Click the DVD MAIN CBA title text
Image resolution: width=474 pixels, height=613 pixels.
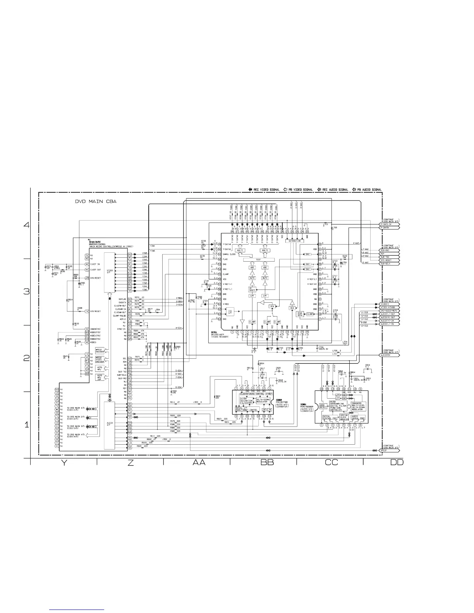coord(96,202)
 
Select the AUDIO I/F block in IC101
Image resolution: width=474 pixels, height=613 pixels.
coord(110,424)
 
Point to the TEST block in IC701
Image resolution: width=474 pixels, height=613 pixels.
coord(252,260)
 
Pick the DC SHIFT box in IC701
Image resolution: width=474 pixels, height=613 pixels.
coord(252,289)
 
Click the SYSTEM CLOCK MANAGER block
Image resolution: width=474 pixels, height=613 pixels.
coord(344,417)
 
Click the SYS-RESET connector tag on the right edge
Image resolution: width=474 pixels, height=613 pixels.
coord(388,260)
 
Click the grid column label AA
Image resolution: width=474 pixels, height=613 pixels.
coord(199,462)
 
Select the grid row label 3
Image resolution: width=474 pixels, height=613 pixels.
coord(26,291)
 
